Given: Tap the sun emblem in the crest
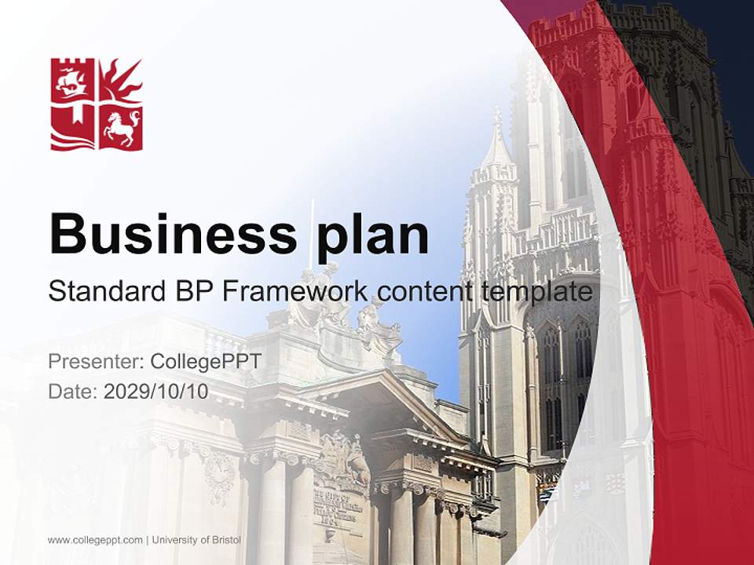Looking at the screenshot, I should click(x=123, y=80).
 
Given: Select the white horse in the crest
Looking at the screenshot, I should click(x=123, y=127).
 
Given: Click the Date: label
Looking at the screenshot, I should click(x=72, y=391).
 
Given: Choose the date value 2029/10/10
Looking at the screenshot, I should click(x=156, y=391).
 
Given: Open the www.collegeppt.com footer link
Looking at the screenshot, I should click(x=95, y=540).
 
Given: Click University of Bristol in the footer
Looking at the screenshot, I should click(x=196, y=540).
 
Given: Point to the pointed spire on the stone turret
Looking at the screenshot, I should click(x=496, y=141).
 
